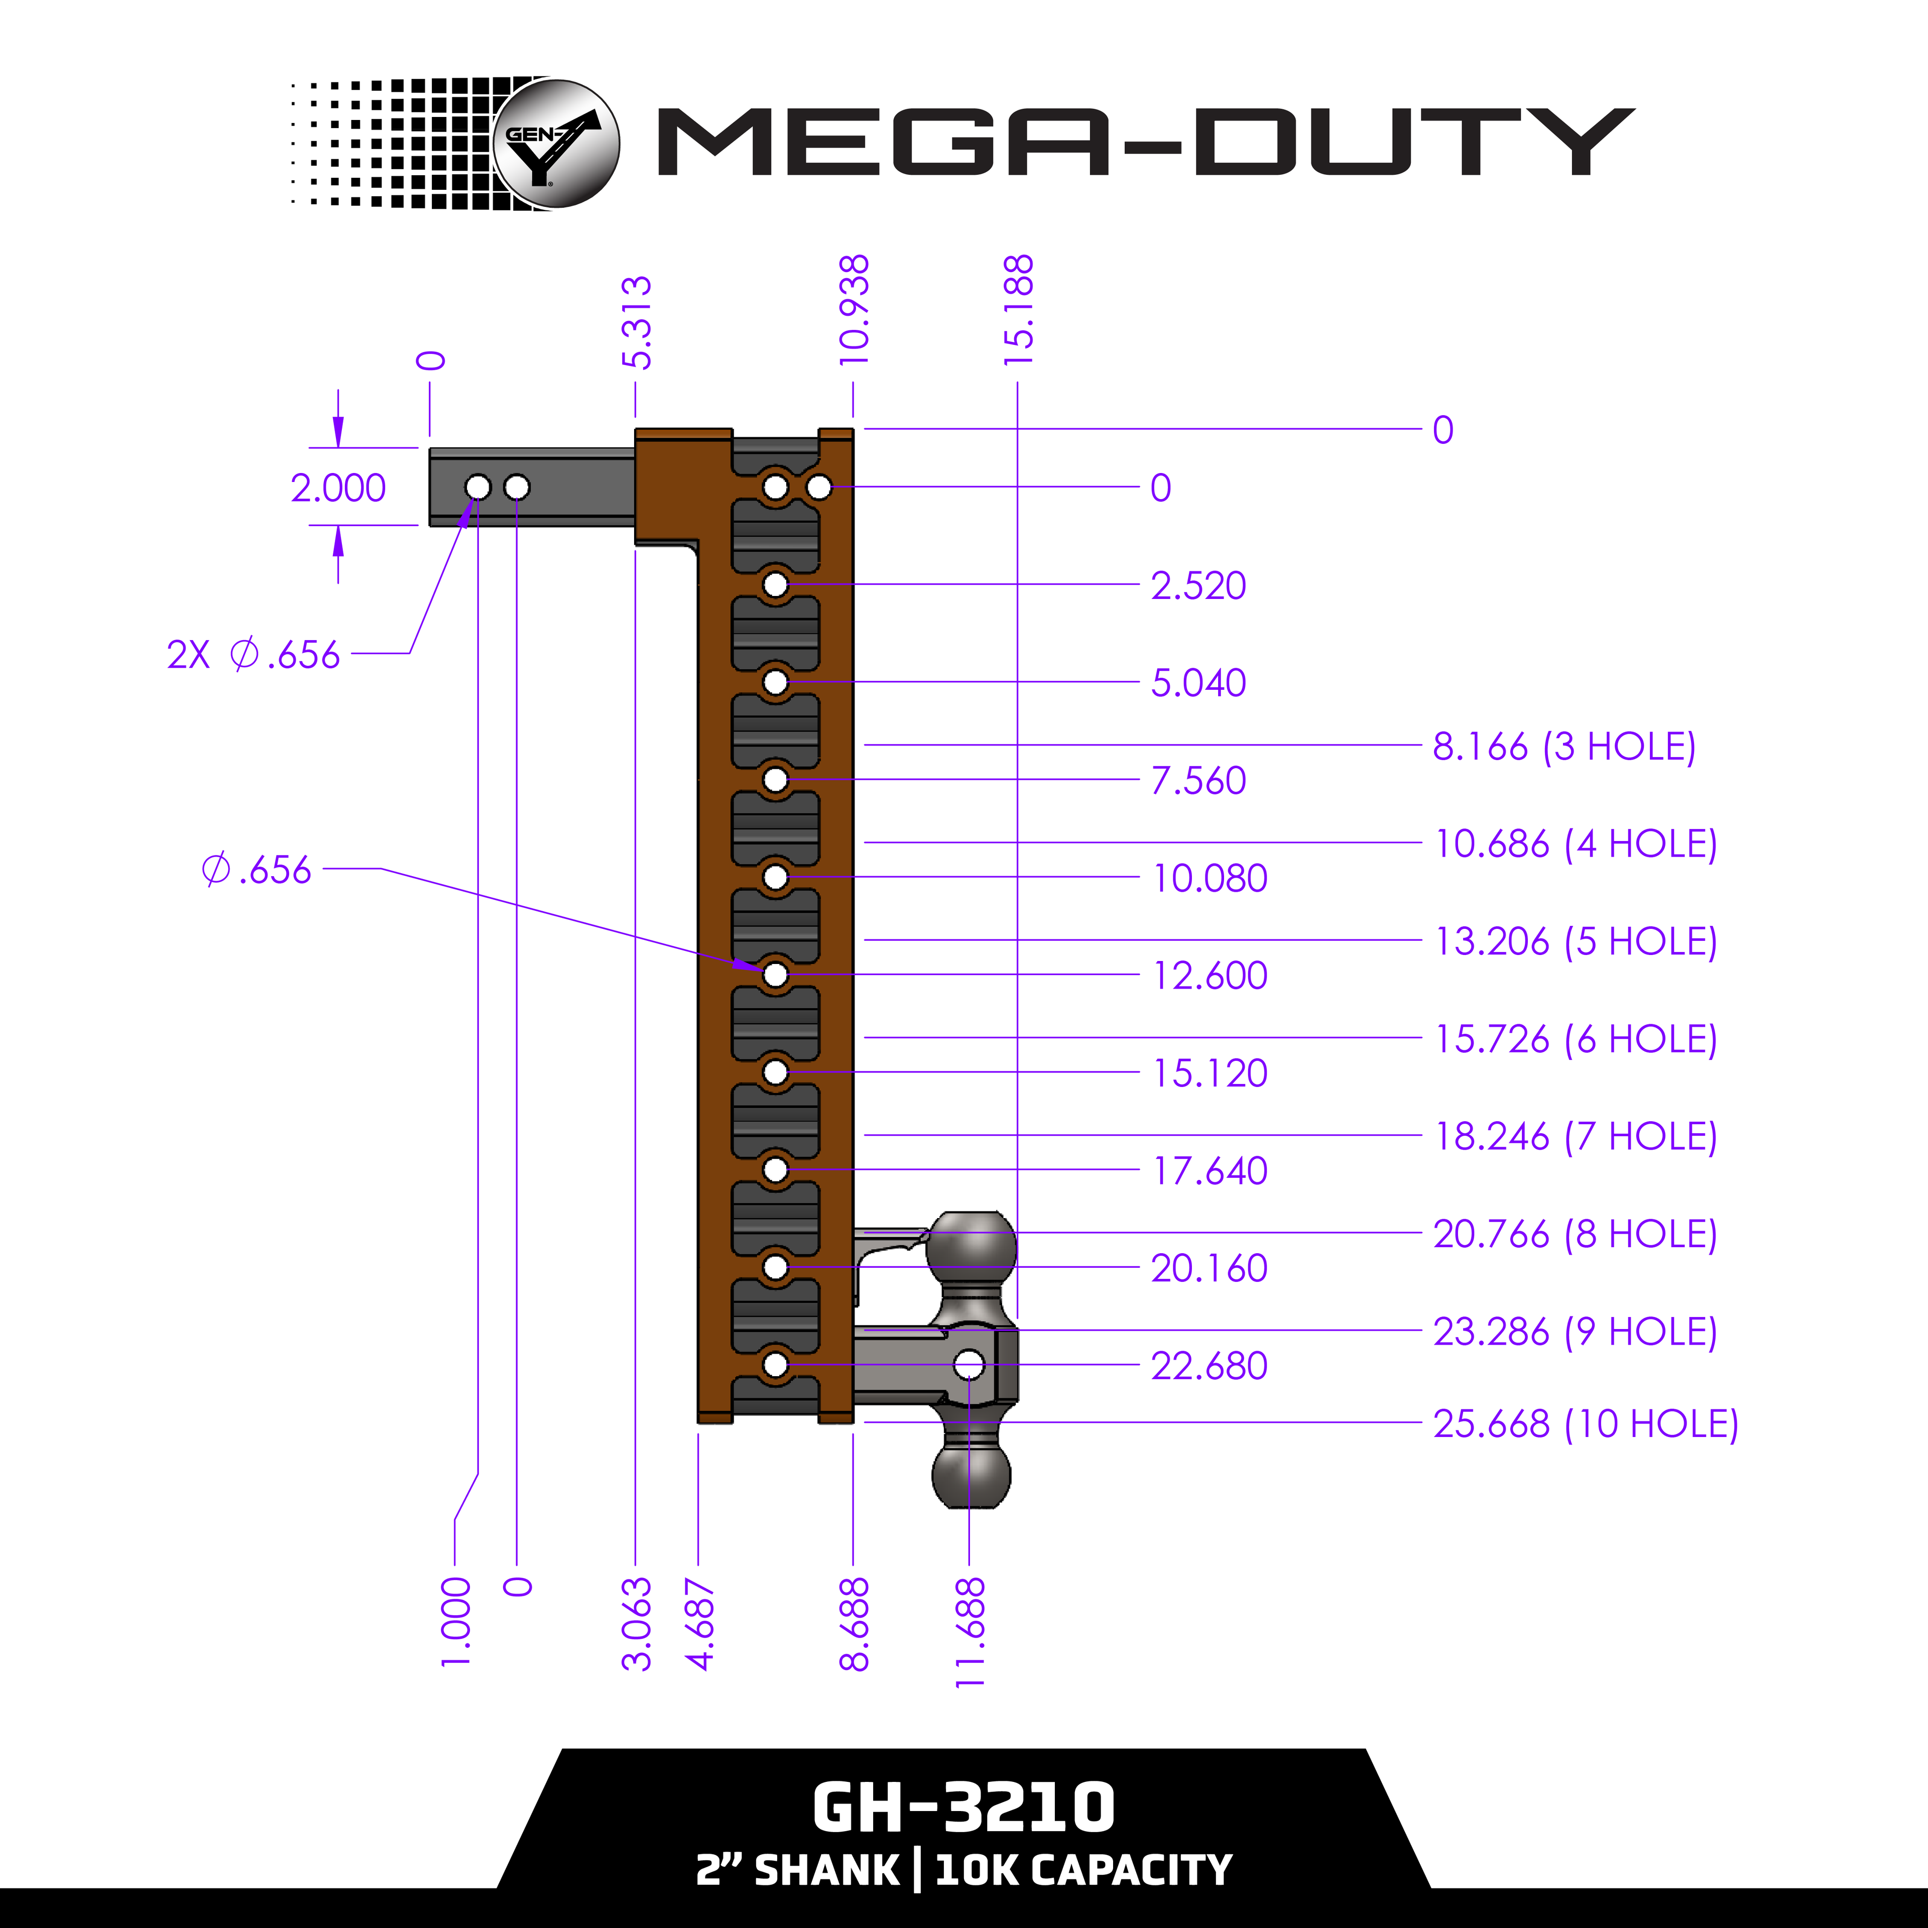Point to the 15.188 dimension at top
(x=1018, y=309)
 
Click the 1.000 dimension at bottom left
(x=455, y=1622)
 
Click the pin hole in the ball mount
(x=969, y=1364)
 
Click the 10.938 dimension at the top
(x=854, y=309)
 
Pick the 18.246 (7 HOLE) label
(x=1575, y=1137)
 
